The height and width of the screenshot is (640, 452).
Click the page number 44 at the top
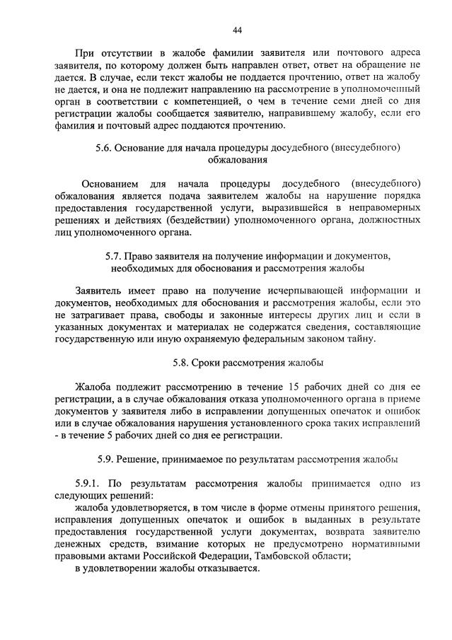[x=237, y=30]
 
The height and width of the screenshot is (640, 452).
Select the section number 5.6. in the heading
[x=104, y=148]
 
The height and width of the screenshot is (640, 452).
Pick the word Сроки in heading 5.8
[x=219, y=363]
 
